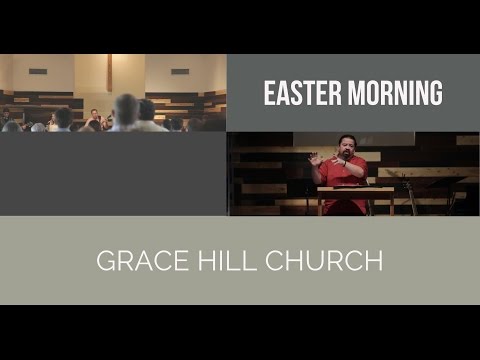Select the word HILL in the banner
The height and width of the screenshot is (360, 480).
tap(212, 262)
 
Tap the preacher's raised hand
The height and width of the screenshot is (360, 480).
tap(313, 158)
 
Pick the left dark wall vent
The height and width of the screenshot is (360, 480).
tap(38, 71)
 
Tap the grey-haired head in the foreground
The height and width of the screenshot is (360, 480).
tap(126, 109)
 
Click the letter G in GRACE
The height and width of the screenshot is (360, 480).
tap(105, 262)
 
